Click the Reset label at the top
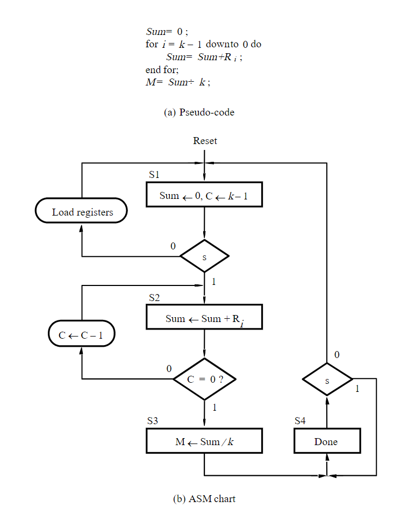point(205,141)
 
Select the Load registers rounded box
point(82,212)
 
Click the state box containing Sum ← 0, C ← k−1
point(204,195)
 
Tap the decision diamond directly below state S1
point(204,256)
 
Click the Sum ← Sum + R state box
point(204,318)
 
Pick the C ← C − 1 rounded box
point(82,335)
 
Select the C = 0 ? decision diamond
point(204,379)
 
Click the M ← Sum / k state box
point(204,442)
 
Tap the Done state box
point(326,442)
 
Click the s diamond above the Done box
point(327,380)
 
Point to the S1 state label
point(154,175)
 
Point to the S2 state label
point(154,297)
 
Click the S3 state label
point(153,421)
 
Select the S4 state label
point(300,421)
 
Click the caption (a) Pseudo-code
point(199,112)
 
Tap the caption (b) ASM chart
point(204,498)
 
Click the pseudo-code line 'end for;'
point(162,70)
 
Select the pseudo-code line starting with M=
point(178,83)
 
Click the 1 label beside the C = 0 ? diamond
point(214,407)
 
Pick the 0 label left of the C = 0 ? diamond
point(169,369)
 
